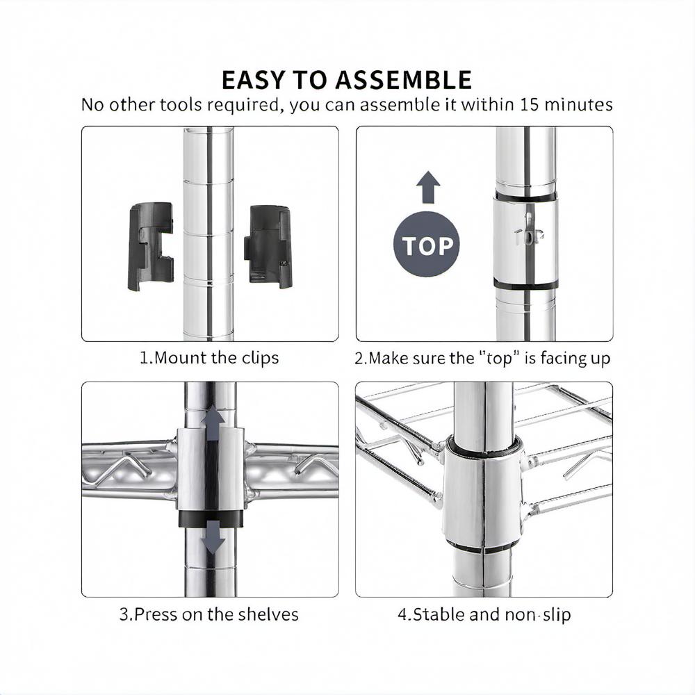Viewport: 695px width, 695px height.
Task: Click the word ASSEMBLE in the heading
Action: pos(403,80)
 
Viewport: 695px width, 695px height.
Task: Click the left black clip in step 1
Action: pos(150,247)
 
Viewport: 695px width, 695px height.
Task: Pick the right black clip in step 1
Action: pos(268,246)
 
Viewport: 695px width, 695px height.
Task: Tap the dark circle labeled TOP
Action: pos(427,244)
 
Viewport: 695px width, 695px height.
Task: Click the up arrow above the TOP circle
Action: pos(428,187)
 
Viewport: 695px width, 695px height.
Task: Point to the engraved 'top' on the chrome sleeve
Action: pos(528,236)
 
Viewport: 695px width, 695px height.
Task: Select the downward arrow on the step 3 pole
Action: pos(213,537)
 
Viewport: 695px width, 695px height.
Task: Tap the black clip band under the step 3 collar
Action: pos(211,518)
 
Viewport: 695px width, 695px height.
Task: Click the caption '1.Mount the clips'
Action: pos(209,358)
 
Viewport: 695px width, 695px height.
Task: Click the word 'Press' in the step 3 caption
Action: pos(156,614)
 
